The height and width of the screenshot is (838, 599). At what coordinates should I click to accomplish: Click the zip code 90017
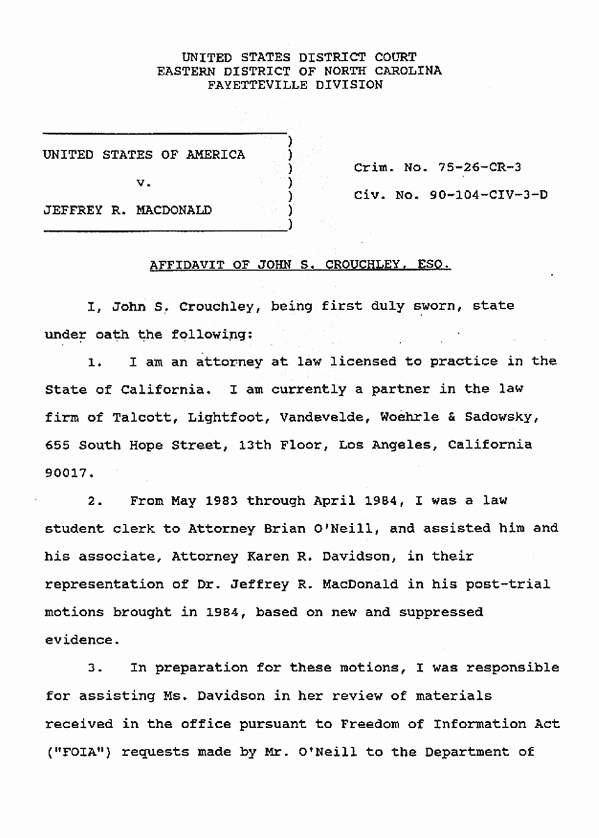(68, 472)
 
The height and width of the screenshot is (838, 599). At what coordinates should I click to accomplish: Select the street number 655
(57, 444)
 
